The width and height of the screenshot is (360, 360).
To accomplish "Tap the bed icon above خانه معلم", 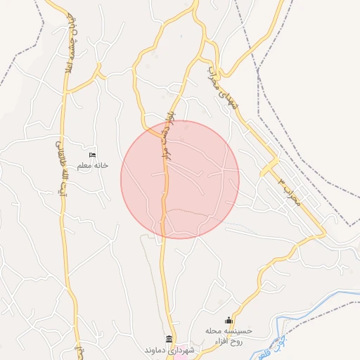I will pyautogui.click(x=91, y=155).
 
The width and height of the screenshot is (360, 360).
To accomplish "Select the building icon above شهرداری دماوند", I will pyautogui.click(x=169, y=339).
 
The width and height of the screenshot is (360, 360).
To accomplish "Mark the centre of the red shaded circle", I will pyautogui.click(x=180, y=179).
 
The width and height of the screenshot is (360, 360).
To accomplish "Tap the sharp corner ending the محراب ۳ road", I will pyautogui.click(x=324, y=233).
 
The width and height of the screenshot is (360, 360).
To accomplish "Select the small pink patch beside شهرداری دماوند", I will pyautogui.click(x=181, y=356).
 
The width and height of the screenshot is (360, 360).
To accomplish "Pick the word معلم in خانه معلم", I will pyautogui.click(x=84, y=165).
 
